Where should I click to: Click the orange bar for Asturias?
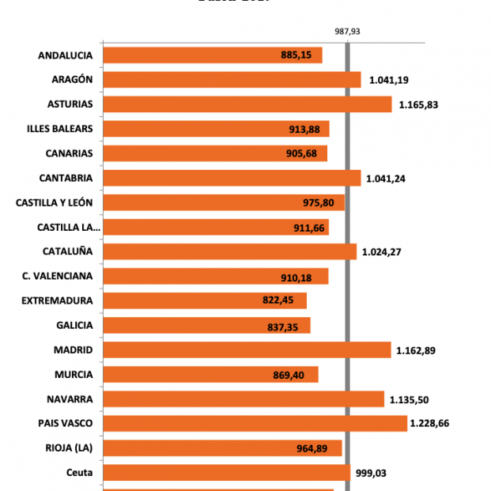click(247, 104)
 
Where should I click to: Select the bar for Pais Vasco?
click(255, 424)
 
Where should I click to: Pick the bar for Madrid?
click(247, 350)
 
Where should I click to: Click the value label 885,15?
click(296, 55)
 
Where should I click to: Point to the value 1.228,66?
click(429, 424)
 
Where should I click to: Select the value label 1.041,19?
click(387, 80)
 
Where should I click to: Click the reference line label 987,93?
click(347, 31)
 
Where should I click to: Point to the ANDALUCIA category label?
click(65, 55)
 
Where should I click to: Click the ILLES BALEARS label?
click(59, 129)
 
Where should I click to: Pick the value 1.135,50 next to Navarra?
click(409, 399)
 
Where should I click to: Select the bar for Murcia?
click(210, 375)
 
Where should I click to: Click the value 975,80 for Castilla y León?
click(319, 203)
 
